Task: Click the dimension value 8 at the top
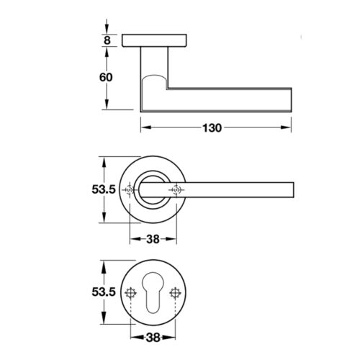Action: click(107, 40)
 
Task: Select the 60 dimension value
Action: click(106, 77)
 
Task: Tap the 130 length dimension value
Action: click(212, 128)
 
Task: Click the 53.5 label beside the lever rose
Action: click(104, 189)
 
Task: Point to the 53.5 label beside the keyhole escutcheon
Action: click(104, 292)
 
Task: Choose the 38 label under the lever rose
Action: click(153, 239)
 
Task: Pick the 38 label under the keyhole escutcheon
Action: click(153, 338)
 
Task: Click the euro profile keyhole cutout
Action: click(153, 292)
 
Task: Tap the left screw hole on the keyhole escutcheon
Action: click(131, 293)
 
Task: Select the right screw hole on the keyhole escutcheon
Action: click(175, 293)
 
